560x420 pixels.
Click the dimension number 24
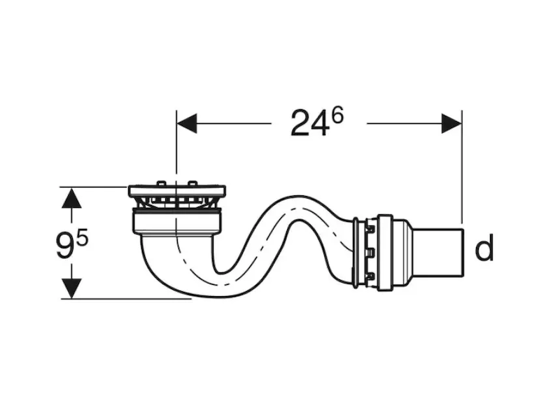point(309,124)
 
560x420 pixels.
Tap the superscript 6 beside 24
point(337,115)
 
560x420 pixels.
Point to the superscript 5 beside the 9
point(82,237)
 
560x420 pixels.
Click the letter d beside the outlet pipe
point(484,247)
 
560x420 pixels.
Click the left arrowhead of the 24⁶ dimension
point(187,124)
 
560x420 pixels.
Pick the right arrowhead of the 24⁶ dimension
point(451,124)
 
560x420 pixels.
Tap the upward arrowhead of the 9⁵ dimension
point(71,198)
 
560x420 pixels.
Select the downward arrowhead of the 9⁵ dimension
point(71,288)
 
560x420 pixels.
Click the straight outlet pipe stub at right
point(437,253)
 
